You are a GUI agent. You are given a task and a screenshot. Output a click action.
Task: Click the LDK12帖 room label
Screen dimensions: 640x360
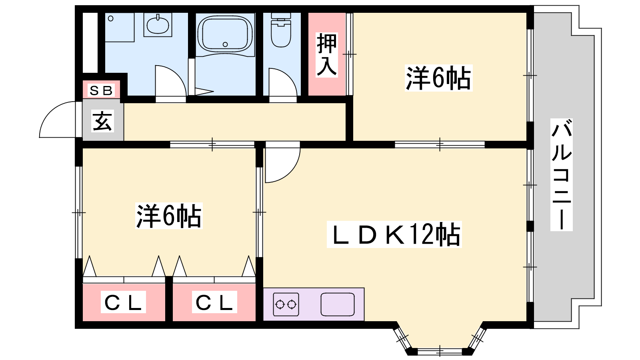394,234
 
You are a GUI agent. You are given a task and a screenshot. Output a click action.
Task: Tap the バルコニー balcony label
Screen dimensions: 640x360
562,174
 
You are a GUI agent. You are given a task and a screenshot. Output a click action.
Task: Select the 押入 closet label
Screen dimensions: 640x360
327,55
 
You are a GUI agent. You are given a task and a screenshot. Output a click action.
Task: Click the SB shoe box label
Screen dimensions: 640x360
101,90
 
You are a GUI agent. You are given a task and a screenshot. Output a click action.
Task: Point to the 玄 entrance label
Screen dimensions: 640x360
102,121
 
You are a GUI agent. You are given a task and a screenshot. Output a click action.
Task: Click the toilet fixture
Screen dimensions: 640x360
281,30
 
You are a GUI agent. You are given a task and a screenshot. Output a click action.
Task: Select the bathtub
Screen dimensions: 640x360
225,34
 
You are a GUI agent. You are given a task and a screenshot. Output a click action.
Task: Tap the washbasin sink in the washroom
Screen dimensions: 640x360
158,25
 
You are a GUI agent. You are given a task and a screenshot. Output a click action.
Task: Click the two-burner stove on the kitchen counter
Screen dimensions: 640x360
286,304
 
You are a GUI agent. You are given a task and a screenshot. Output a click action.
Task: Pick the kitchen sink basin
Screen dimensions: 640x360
338,304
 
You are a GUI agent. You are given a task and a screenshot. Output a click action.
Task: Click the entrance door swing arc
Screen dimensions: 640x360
58,120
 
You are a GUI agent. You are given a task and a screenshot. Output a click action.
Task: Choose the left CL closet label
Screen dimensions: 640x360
123,302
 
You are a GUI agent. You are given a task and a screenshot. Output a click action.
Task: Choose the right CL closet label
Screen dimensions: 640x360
214,302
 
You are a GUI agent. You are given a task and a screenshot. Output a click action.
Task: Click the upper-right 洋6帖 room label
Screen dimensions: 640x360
438,78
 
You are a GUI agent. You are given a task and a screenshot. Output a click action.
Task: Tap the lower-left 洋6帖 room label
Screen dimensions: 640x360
169,216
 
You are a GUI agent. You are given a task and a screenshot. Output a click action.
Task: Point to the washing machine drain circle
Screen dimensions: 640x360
111,18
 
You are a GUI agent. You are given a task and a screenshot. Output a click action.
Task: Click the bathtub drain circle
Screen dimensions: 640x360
225,44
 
